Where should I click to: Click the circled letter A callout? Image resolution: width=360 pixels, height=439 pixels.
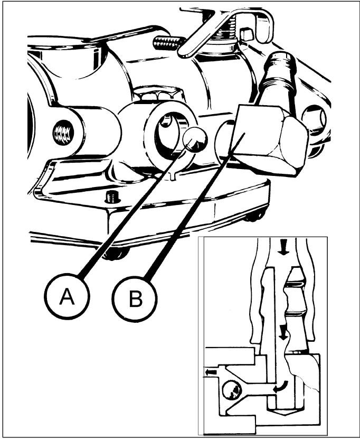[x=67, y=296]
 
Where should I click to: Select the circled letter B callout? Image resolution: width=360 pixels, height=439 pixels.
[x=135, y=300]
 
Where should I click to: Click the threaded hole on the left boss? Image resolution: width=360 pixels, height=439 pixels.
[x=63, y=132]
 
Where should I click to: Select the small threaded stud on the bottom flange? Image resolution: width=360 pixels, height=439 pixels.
[x=112, y=198]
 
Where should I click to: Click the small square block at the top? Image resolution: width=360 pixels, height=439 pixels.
[x=246, y=34]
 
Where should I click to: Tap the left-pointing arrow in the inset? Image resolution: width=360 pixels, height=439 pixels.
[x=211, y=372]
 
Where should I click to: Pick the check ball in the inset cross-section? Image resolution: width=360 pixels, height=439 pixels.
[x=231, y=389]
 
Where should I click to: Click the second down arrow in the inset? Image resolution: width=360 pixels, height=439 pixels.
[x=283, y=332]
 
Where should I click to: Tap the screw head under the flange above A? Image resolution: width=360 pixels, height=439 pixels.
[x=116, y=254]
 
